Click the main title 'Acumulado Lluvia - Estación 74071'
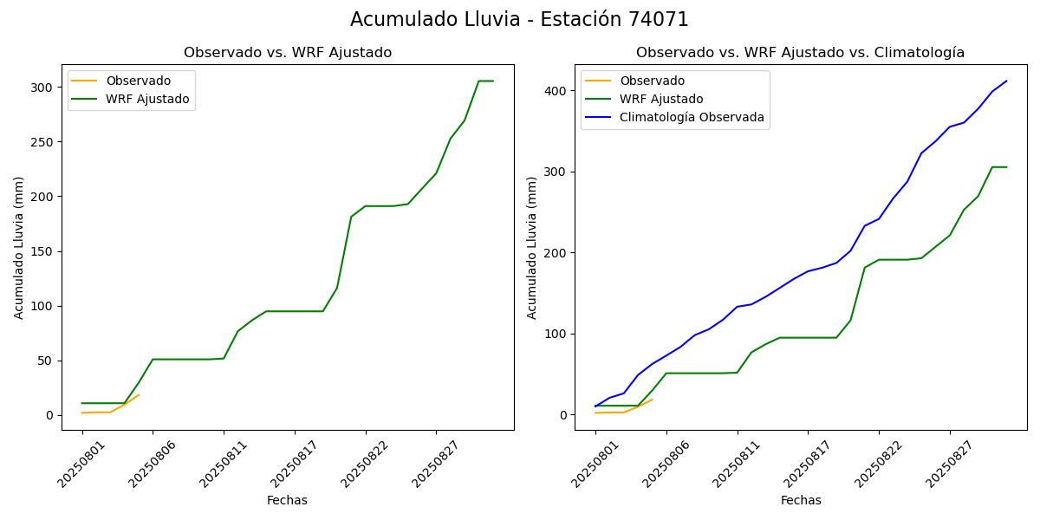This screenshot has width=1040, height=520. point(519,20)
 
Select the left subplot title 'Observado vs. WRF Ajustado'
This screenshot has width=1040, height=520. point(288,53)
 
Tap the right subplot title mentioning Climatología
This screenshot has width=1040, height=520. point(800,53)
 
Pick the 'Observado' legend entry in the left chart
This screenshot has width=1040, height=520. point(138,81)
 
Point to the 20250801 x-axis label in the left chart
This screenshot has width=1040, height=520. point(82,464)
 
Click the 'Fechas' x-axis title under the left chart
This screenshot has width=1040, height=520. point(287,501)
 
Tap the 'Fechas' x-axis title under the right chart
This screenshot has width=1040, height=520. point(801,501)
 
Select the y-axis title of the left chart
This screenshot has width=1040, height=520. point(19,247)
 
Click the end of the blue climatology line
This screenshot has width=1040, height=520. point(1006,81)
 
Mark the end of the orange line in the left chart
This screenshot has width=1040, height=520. point(139,395)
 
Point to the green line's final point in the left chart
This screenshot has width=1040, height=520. point(493,81)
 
